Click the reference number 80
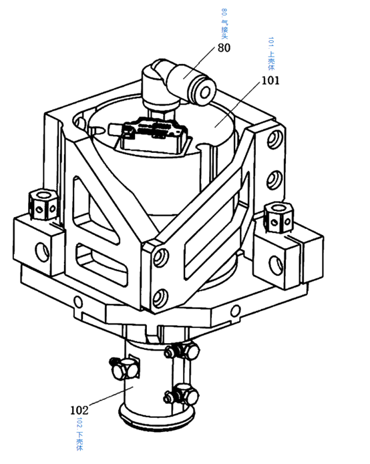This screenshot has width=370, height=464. coord(224,47)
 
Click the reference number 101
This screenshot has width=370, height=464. coord(270,81)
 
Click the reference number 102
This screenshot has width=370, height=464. coord(79,410)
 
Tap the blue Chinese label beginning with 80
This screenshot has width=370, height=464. coord(224,23)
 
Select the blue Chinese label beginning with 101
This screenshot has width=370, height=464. coord(271,53)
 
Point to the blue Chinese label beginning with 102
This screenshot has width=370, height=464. coord(79,434)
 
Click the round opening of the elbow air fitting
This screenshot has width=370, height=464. coord(204,93)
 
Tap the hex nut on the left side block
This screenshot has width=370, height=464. coord(43,204)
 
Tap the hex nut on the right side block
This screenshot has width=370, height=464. coord(279,217)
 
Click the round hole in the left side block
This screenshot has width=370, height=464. coord(42,252)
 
